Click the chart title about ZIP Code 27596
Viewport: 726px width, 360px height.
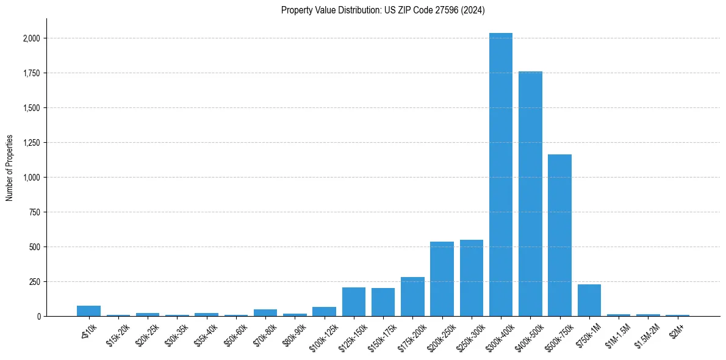383,10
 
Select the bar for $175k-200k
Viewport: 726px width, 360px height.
412,297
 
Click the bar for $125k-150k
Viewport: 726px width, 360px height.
354,301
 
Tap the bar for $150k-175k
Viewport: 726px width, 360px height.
383,302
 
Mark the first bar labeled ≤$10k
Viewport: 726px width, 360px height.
88,311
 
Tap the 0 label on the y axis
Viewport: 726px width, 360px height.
39,317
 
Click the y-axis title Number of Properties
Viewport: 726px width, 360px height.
10,168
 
